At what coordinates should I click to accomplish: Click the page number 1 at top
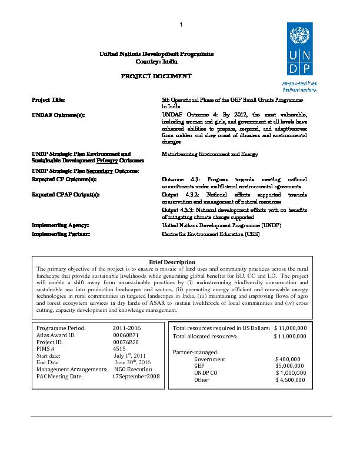(181, 24)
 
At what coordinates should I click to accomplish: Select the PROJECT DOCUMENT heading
(156, 77)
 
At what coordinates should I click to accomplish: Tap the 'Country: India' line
(156, 61)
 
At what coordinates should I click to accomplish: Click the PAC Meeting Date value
(136, 376)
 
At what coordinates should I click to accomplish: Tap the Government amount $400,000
(288, 359)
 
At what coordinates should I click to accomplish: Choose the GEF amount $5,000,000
(289, 366)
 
